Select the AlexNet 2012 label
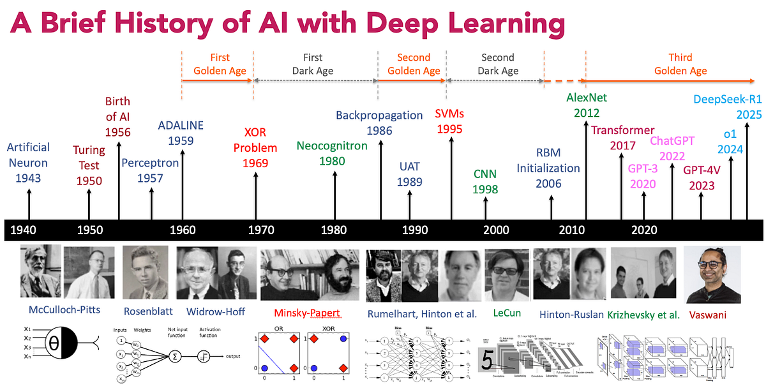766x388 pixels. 587,105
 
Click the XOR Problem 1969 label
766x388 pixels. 255,147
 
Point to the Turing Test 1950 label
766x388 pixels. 89,165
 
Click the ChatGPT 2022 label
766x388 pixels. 672,149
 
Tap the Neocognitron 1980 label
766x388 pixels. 332,153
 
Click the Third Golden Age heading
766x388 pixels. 680,64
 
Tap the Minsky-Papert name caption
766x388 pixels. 306,313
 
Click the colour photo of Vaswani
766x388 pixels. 712,274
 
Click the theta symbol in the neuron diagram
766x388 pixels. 54,348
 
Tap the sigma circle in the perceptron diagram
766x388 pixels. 173,355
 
